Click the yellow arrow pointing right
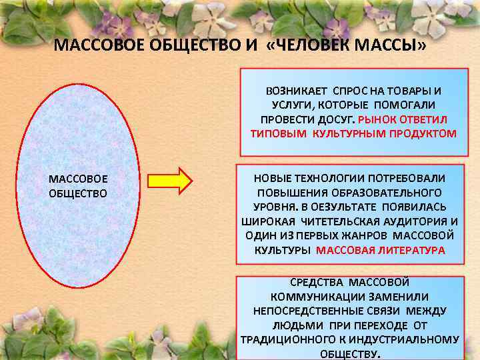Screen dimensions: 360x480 coord(170,180)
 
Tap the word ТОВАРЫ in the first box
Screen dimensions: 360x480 coord(407,90)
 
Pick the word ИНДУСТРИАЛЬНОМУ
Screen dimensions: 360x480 coord(413,339)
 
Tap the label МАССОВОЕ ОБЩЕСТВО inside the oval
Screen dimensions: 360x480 coord(78,186)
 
